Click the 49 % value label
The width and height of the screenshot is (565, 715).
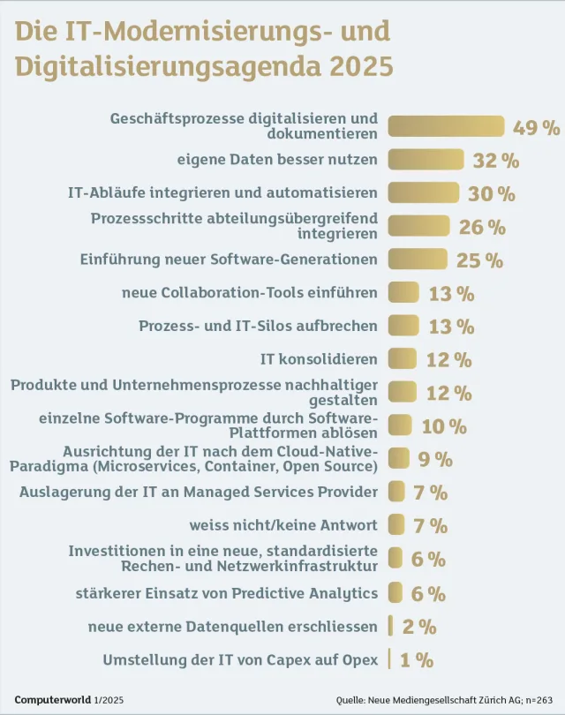[x=537, y=127]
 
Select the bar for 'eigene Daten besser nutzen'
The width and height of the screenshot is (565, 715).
[x=426, y=160]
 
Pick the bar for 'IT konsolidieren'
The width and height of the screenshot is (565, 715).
[x=402, y=359]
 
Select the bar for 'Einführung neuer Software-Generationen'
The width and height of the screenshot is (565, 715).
[x=418, y=260]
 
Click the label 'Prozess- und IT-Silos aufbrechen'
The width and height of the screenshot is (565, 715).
[x=258, y=326]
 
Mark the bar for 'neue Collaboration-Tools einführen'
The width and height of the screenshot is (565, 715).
[x=403, y=293]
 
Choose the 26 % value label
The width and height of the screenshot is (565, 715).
[x=482, y=227]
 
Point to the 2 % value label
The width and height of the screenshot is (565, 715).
[x=419, y=627]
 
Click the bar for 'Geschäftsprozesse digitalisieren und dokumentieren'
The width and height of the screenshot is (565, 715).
[x=446, y=127]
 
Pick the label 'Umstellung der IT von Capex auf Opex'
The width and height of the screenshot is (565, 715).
[x=240, y=659]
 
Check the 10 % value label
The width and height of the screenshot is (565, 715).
[x=444, y=426]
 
